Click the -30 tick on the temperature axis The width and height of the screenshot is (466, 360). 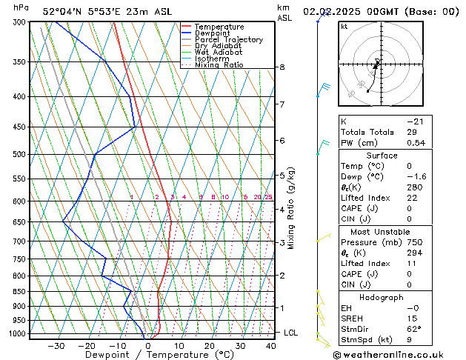[56, 345]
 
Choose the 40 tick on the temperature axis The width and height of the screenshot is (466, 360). [271, 345]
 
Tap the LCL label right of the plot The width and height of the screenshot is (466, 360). [291, 333]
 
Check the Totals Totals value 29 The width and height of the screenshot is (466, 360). [411, 132]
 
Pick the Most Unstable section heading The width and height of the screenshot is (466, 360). [382, 231]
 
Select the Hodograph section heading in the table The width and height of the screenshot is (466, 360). [382, 297]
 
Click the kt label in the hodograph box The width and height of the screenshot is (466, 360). [344, 26]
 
